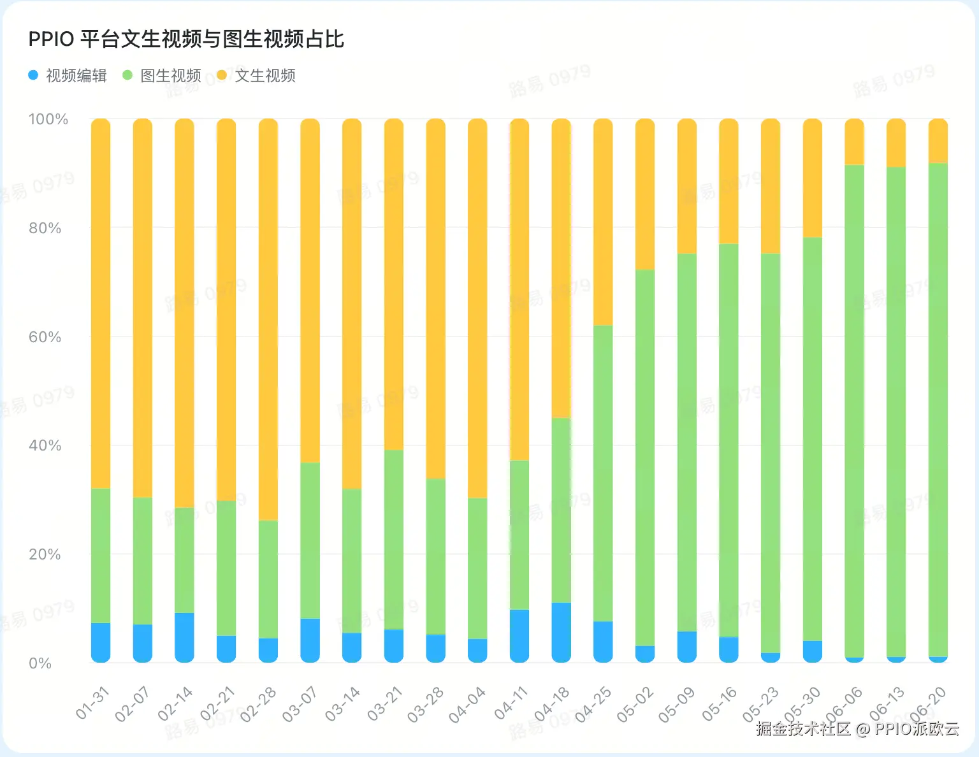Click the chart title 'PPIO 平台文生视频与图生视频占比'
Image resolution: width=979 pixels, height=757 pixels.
186,40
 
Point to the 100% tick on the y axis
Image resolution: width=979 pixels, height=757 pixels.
48,119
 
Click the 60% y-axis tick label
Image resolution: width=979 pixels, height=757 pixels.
45,337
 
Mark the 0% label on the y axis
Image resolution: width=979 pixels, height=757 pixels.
40,663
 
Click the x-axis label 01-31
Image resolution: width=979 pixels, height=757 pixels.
93,703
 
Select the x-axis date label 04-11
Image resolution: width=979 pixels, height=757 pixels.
512,703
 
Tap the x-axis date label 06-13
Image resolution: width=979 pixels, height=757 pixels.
887,703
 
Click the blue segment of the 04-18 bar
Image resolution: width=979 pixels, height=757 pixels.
561,632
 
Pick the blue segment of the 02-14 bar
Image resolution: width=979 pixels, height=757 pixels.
184,637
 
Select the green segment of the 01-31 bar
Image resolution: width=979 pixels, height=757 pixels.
101,556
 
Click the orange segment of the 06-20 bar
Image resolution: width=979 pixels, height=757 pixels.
938,141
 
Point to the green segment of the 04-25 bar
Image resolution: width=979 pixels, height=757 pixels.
603,473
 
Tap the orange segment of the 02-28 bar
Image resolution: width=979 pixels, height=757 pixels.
268,319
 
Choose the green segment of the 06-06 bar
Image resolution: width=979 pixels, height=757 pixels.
854,411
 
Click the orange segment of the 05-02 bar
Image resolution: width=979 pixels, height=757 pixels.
645,194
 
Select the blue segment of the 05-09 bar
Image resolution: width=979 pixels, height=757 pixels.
686,647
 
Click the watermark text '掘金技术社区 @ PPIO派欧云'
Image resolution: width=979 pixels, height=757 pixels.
858,728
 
